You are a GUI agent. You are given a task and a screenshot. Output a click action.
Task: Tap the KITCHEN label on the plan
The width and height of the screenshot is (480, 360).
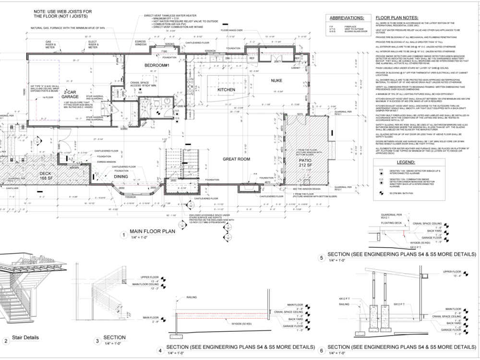tap(226, 90)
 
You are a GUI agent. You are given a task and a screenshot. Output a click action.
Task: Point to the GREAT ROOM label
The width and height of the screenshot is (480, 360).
tap(237, 159)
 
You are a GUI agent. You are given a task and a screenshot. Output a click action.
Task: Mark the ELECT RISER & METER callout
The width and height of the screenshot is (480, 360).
tap(93, 45)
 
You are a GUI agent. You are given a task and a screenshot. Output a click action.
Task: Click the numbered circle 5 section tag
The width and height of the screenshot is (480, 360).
tap(322, 257)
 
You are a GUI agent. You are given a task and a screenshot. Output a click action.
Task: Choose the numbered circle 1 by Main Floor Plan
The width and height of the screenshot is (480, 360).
tap(124, 235)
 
